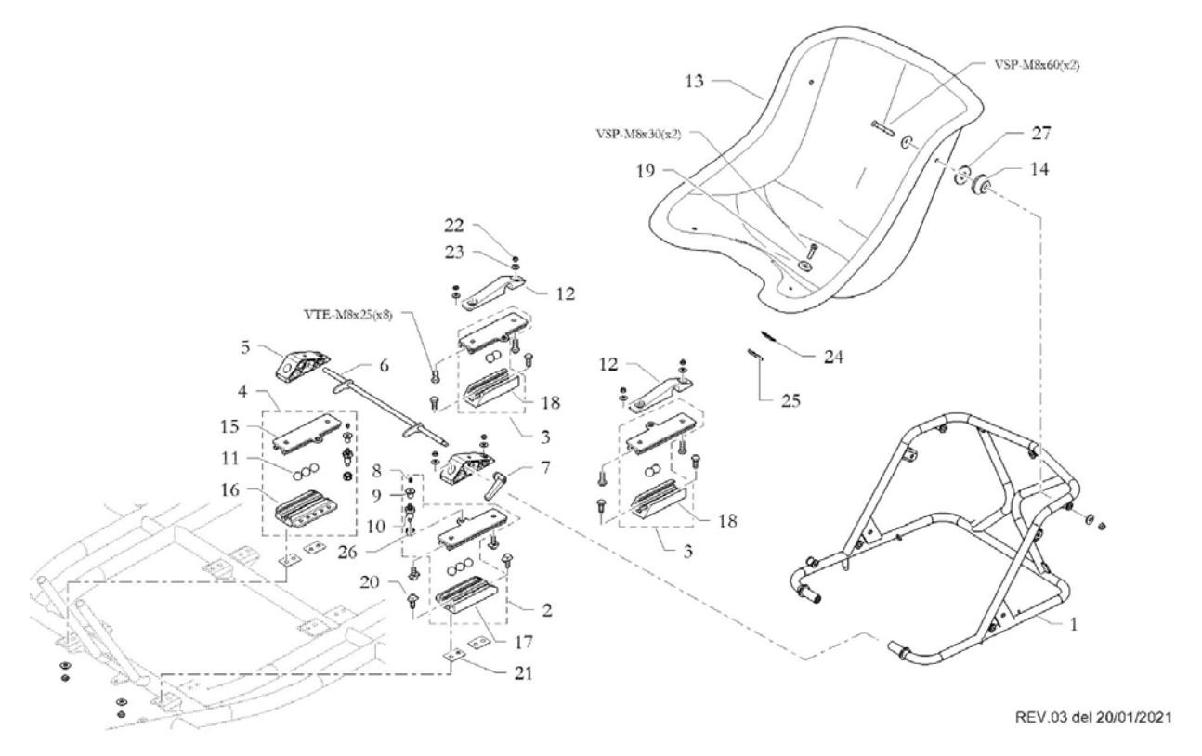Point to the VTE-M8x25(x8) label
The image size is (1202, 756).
click(375, 315)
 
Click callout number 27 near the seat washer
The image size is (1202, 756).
click(1039, 134)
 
